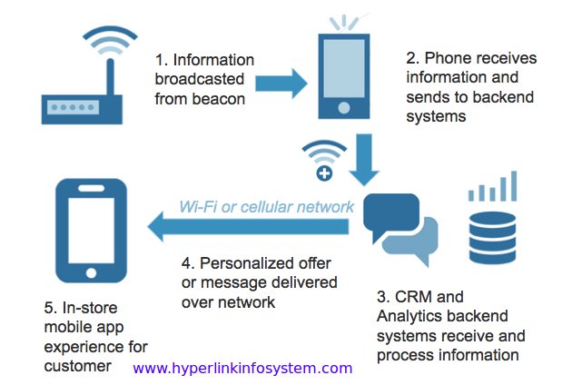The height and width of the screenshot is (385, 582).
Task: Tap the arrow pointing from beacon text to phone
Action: coord(281,84)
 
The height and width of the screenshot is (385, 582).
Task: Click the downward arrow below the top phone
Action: coord(364,160)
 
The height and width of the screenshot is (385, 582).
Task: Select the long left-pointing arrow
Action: coord(248,226)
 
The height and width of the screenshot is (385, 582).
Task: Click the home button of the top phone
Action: coord(344,108)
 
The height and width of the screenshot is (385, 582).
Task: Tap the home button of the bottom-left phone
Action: coord(92,273)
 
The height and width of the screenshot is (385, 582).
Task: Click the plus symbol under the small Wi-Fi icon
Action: coord(324,173)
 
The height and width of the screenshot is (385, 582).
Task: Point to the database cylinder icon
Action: coord(492,238)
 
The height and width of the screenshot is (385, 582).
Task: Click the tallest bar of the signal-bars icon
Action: coord(514,186)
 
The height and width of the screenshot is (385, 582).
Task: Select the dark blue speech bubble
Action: coord(391,214)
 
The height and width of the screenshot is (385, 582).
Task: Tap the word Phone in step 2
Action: coord(443,58)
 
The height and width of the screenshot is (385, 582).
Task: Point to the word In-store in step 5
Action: coord(90,308)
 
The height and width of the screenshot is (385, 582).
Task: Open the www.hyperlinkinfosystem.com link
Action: coord(242,369)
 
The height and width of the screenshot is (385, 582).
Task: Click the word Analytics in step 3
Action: coord(405,316)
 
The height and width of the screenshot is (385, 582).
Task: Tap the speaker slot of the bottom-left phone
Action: coord(92,188)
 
